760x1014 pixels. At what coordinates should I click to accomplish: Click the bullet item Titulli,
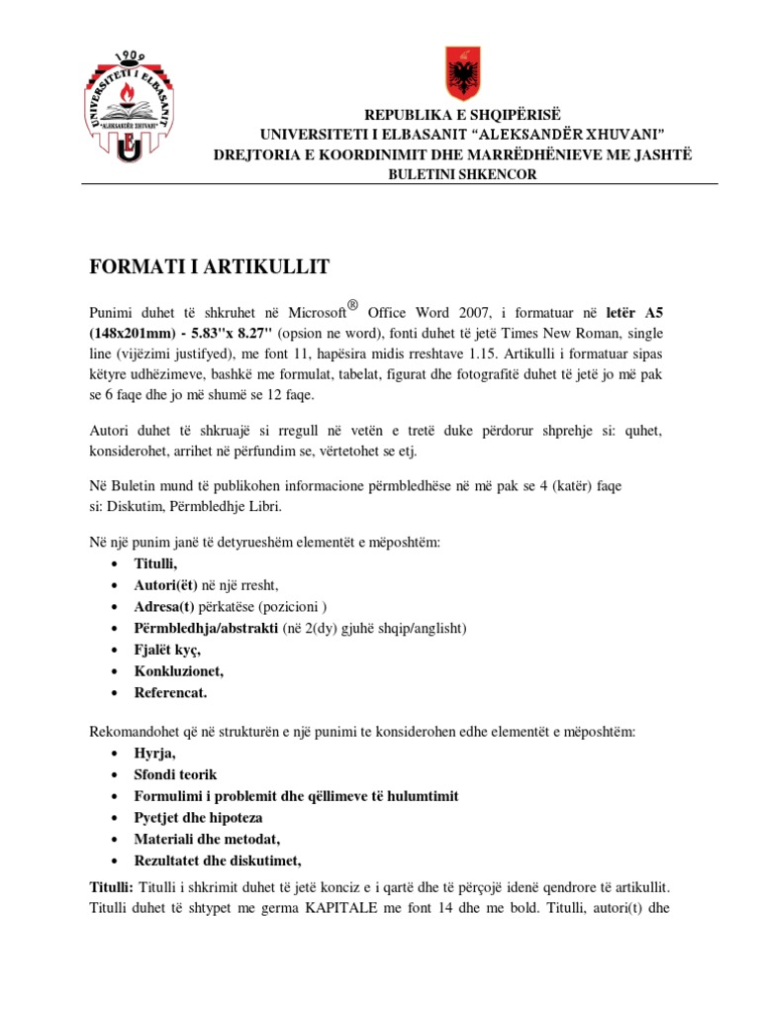[156, 563]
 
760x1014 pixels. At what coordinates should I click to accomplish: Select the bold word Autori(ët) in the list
[166, 585]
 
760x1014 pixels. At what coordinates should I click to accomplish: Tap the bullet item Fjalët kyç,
[167, 650]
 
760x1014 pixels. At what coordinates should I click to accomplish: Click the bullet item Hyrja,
[156, 754]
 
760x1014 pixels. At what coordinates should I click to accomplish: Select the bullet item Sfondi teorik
[176, 774]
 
